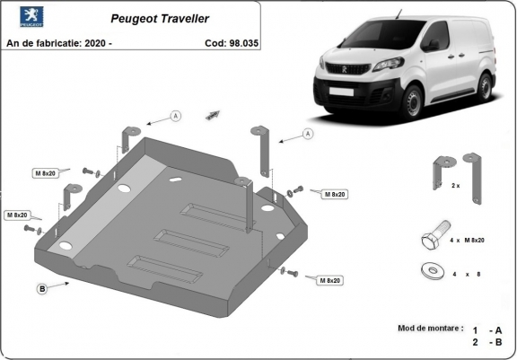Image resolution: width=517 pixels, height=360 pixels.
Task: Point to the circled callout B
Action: point(42,288)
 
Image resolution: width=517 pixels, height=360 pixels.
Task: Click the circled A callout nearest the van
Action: point(308,134)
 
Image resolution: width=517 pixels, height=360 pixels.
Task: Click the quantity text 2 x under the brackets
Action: point(455,186)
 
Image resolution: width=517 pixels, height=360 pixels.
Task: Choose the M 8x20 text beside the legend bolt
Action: point(472,241)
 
